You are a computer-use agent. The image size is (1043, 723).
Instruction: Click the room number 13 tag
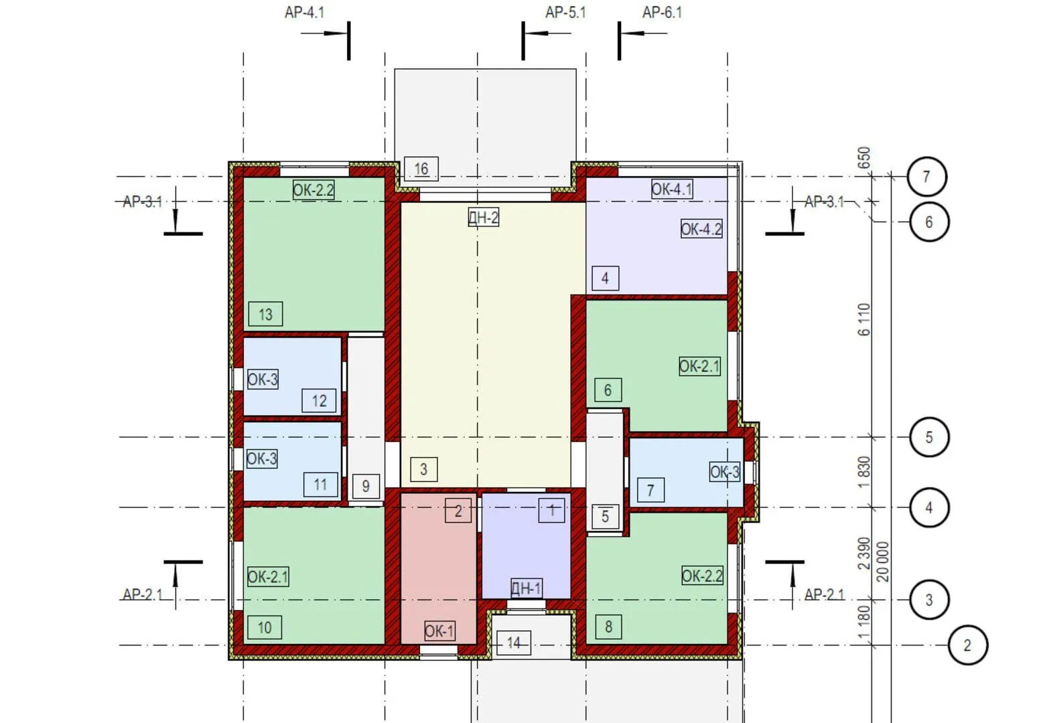pyautogui.click(x=265, y=314)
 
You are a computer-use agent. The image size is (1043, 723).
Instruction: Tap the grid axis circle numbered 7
pyautogui.click(x=926, y=176)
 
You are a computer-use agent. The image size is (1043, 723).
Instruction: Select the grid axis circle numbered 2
pyautogui.click(x=967, y=645)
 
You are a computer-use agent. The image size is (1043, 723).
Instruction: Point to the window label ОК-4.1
pyautogui.click(x=672, y=189)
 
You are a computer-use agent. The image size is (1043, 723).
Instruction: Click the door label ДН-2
pyautogui.click(x=484, y=217)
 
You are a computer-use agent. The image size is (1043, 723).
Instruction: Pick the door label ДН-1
pyautogui.click(x=526, y=588)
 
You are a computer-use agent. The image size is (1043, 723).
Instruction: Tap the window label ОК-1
pyautogui.click(x=439, y=631)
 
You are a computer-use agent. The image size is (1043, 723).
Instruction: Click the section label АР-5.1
pyautogui.click(x=566, y=13)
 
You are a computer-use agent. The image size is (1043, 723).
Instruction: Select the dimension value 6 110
pyautogui.click(x=863, y=319)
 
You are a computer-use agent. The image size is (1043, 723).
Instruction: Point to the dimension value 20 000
pyautogui.click(x=882, y=562)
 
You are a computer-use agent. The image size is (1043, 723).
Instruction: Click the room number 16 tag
pyautogui.click(x=421, y=169)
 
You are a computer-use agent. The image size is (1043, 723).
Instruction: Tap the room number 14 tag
pyautogui.click(x=514, y=643)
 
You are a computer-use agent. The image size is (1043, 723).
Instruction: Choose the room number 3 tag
pyautogui.click(x=424, y=469)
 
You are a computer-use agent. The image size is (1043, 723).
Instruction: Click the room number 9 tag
pyautogui.click(x=366, y=486)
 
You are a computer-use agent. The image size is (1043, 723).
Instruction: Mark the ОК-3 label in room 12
pyautogui.click(x=263, y=379)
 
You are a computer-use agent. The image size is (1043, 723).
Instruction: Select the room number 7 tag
pyautogui.click(x=650, y=490)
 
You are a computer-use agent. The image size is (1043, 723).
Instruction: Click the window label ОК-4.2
pyautogui.click(x=701, y=229)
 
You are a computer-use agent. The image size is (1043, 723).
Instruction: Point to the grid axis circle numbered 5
pyautogui.click(x=929, y=437)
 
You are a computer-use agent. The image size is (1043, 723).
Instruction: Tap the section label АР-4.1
pyautogui.click(x=305, y=13)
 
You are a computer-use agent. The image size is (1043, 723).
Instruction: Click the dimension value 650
pyautogui.click(x=863, y=158)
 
